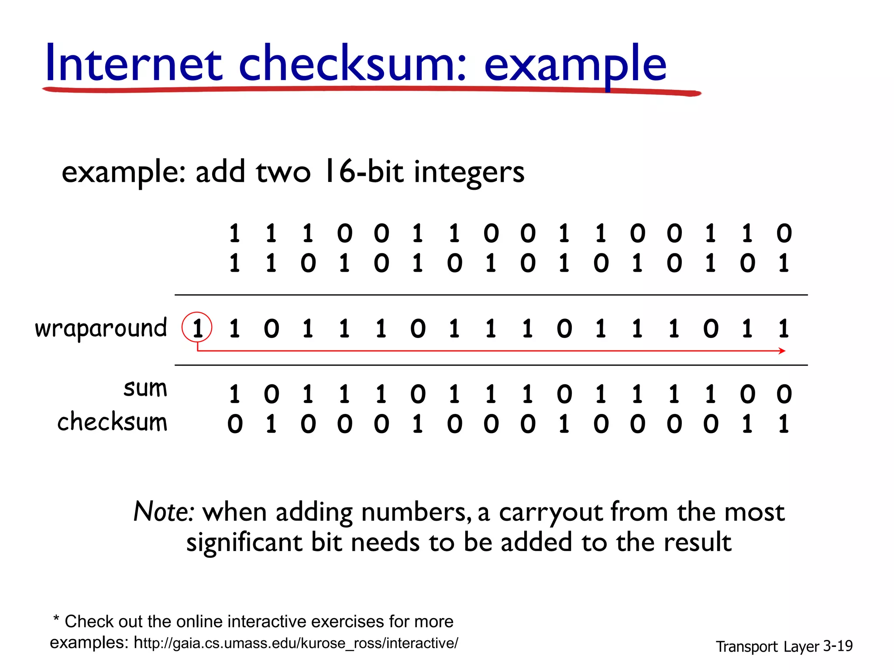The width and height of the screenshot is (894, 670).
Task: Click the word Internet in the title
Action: (134, 65)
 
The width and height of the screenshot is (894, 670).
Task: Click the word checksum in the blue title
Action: (353, 65)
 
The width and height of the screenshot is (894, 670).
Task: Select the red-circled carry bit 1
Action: (197, 328)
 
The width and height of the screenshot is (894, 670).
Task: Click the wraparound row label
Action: (101, 328)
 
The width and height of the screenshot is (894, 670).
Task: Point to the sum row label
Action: (145, 388)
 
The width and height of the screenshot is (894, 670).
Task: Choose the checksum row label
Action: (112, 422)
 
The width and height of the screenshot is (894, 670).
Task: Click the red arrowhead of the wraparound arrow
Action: (782, 351)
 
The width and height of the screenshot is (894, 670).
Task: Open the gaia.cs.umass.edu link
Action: (296, 643)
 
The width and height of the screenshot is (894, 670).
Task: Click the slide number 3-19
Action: (838, 646)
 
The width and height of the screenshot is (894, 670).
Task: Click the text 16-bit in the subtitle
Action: (363, 171)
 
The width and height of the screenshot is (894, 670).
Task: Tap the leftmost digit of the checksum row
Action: (235, 424)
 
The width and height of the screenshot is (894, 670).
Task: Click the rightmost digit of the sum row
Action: (784, 394)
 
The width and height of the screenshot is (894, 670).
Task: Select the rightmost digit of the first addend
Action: (784, 233)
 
